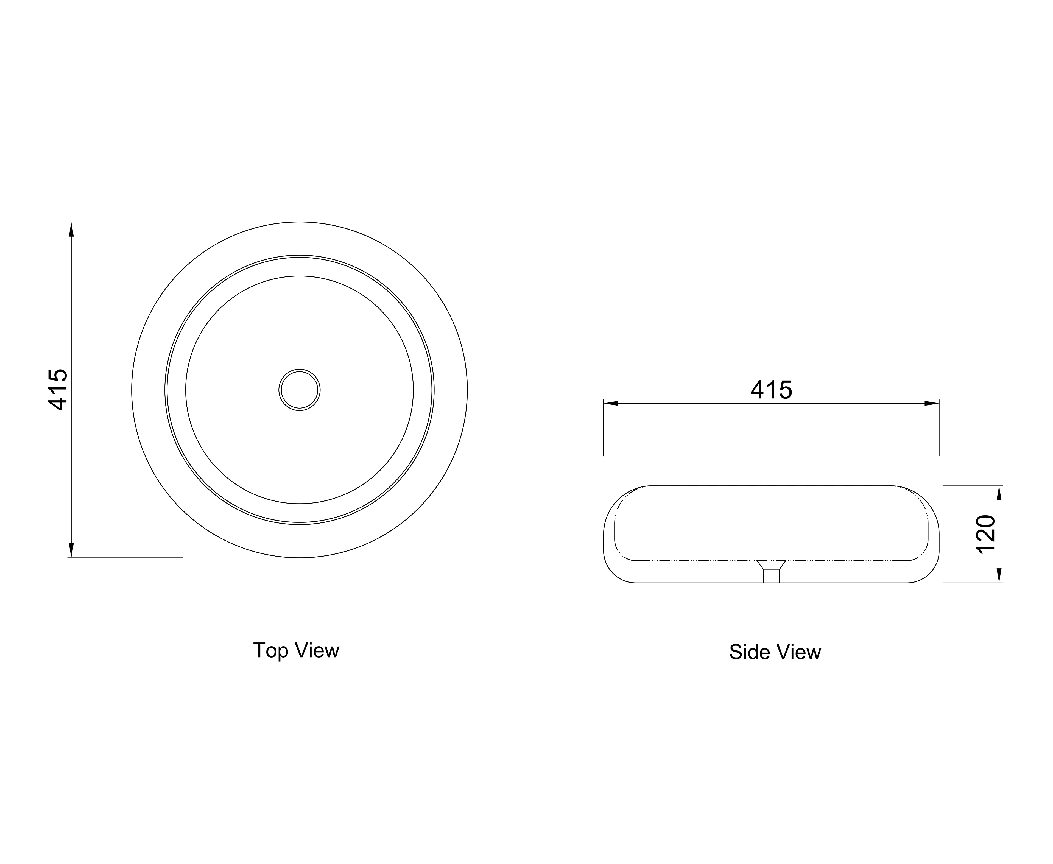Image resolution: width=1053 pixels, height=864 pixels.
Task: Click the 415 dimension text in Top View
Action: [58, 390]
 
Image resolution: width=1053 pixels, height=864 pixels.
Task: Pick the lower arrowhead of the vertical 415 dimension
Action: [71, 550]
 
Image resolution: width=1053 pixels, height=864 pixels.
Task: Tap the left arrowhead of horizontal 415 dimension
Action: [611, 403]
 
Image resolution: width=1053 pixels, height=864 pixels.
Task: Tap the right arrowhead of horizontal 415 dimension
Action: [932, 403]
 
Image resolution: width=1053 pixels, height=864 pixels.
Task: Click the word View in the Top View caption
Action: [317, 650]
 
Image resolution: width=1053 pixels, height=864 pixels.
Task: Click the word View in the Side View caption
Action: [797, 652]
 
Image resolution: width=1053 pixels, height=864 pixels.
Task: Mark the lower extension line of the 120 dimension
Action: [973, 583]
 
